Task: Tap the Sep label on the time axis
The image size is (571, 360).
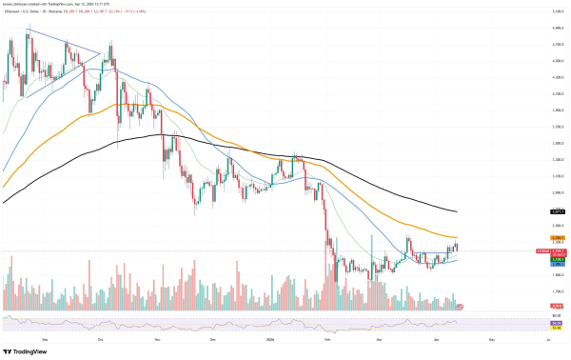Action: coord(45,338)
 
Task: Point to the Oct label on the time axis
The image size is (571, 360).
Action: coord(100,338)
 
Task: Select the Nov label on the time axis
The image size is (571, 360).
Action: coord(157,338)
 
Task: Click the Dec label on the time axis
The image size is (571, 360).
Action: coord(212,338)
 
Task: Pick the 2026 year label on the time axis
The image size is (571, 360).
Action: coord(269,338)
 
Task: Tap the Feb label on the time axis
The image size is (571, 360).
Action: coord(326,338)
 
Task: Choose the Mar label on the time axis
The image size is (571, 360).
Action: coord(378,338)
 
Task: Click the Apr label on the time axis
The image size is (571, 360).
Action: coord(436,338)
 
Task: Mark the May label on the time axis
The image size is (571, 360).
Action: coord(491,338)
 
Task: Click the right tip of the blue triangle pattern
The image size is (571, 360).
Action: coord(101,53)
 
